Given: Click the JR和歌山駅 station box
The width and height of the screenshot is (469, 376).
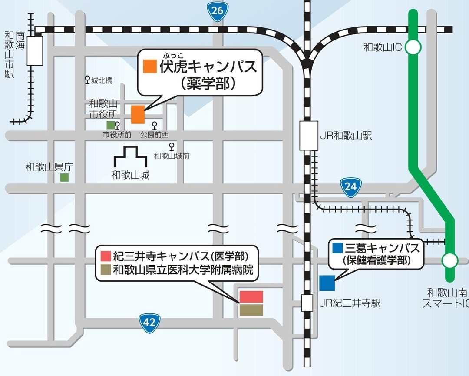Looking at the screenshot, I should coord(309,136).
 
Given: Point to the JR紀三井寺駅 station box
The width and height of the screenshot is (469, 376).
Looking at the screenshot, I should coord(307,303).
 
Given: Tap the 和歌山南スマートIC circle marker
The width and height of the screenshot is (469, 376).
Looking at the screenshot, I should coord(449,261).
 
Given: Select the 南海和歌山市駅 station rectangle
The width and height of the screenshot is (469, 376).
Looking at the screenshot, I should coord(35,50).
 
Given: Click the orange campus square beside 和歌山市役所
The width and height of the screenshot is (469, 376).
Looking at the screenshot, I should coord(138,114).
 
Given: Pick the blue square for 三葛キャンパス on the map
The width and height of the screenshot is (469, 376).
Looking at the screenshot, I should coord(327,283).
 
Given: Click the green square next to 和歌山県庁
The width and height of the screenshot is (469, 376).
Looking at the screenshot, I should coord(64,177).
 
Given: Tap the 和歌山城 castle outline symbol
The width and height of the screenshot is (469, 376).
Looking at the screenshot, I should coord(130,157).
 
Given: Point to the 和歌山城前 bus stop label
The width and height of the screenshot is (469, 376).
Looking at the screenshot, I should coord(172,156).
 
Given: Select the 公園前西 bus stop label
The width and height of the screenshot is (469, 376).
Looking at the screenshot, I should coord(154,135).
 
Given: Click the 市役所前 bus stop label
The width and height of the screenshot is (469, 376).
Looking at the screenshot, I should coord(117,135).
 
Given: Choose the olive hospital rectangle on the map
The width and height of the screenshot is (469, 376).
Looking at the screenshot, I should coord(251,310).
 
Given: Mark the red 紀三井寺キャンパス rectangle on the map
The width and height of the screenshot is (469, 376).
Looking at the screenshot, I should coord(251,296).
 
